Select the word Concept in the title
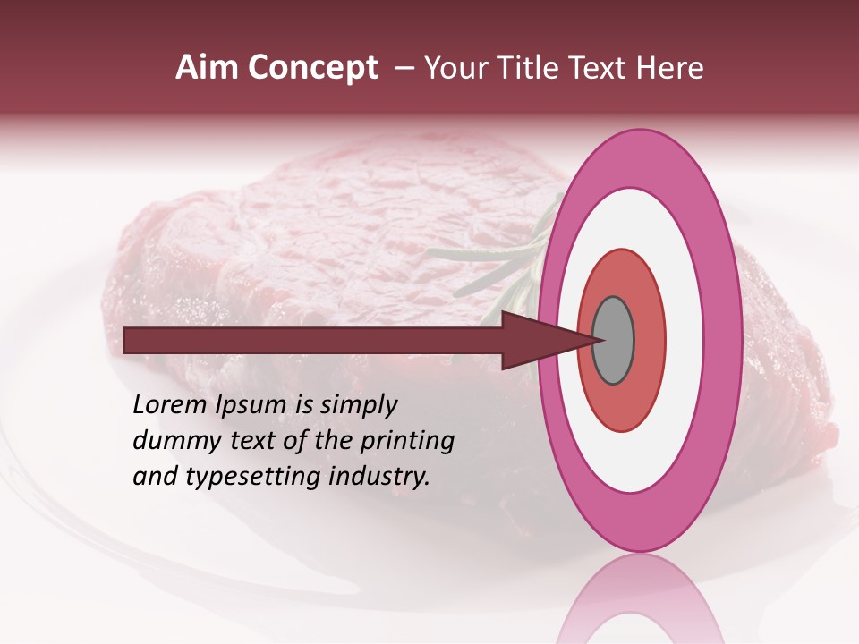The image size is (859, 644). coord(311,68)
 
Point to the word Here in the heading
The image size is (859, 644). coord(669,68)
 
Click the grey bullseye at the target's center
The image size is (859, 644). coord(613,341)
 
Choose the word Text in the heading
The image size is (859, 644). coord(600,68)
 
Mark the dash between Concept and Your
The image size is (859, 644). coord(404,68)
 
